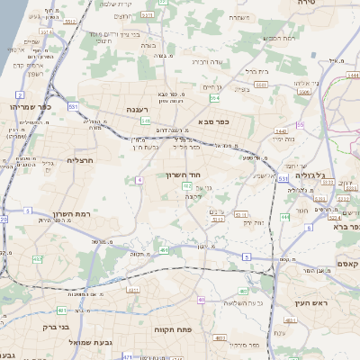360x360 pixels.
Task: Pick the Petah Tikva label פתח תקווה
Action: point(168,329)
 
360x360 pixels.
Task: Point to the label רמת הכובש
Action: point(274,39)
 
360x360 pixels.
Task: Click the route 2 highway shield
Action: point(20,94)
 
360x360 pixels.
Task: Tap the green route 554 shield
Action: point(213,97)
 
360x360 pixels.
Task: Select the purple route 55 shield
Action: point(300,124)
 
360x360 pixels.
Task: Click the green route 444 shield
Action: point(284,218)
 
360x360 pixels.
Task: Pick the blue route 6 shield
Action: point(309,228)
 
